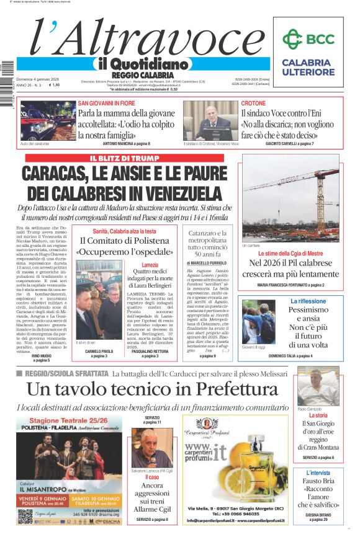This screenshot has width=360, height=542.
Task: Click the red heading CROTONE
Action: click(253, 103)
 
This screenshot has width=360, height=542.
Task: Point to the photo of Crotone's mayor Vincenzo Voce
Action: click(210, 121)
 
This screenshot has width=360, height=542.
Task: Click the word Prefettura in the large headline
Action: click(231, 389)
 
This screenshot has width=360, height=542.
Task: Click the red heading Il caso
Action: click(152, 478)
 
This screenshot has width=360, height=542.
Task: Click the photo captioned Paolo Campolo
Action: click(318, 386)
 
